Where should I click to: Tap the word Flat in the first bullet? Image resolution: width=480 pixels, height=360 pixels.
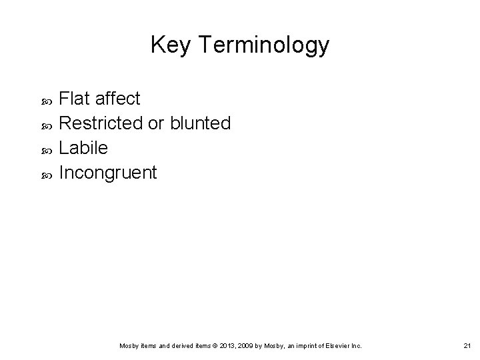click(x=75, y=99)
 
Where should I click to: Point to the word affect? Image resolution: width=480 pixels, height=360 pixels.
click(x=117, y=99)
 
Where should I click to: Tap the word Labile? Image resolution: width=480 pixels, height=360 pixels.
click(x=83, y=148)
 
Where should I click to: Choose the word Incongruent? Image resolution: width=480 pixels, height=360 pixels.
click(x=108, y=173)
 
